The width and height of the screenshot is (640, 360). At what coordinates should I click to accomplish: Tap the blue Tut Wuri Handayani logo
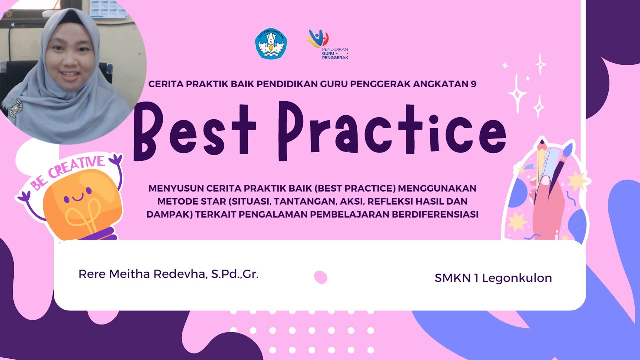pos(271,44)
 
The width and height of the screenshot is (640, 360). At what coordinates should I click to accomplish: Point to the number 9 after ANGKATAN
pos(473,84)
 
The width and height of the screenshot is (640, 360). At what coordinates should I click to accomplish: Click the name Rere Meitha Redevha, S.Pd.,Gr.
pos(168,274)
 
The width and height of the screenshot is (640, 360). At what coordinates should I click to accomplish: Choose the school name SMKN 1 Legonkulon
pos(493,278)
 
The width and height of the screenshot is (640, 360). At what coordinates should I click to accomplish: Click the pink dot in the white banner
pos(320,277)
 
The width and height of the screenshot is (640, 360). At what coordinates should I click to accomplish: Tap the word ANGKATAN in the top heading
pos(441,84)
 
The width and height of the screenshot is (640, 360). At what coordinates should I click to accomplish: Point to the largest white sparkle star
pos(518,92)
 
